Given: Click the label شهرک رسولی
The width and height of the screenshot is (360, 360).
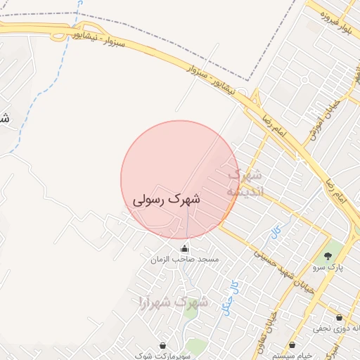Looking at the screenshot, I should (167, 200).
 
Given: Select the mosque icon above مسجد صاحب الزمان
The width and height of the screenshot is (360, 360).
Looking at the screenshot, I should (185, 248).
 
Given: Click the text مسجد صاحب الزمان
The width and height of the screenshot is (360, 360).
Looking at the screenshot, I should (185, 259).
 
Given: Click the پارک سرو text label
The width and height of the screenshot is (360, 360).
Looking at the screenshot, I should (326, 267).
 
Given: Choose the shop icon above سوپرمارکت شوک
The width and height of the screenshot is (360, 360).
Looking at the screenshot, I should (164, 346).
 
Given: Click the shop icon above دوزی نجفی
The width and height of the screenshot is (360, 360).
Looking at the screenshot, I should (340, 318).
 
